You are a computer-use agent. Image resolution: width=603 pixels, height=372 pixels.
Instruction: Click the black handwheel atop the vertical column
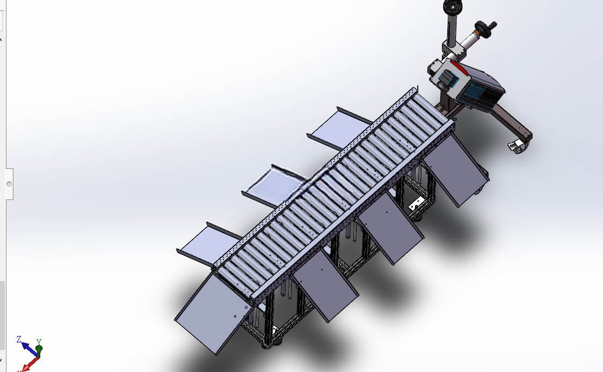pos(452,6)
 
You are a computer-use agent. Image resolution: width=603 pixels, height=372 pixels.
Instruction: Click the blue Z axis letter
pos(19,339)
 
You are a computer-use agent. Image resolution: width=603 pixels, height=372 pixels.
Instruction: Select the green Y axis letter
pos(39,342)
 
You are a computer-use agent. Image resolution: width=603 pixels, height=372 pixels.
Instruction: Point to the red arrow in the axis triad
pos(30,363)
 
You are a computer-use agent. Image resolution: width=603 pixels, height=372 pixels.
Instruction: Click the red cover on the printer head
pos(459,68)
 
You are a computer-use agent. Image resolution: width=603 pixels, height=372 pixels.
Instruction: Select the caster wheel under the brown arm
pos(518,146)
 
